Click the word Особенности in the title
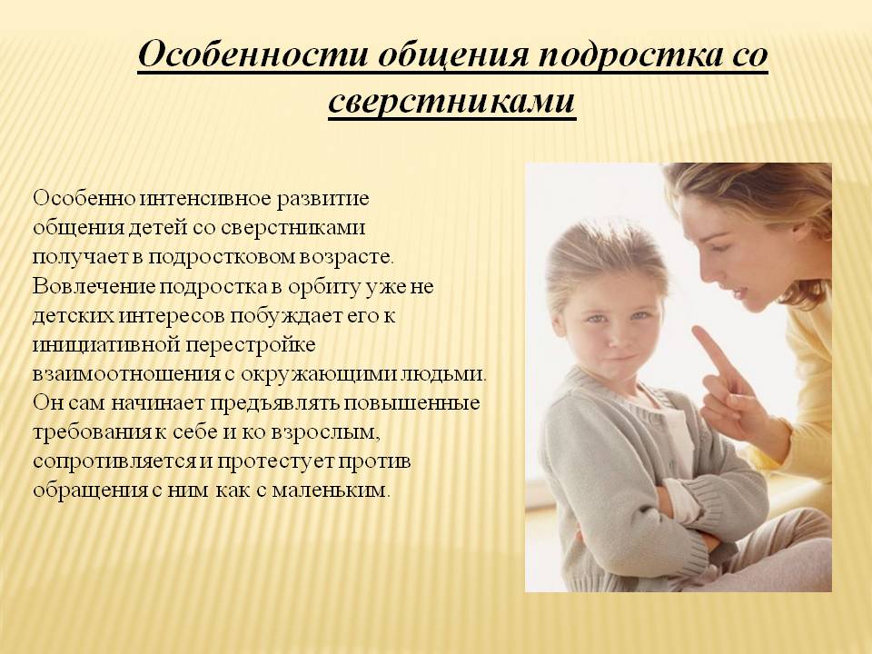253,54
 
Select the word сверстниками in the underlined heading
451,101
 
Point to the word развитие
322,199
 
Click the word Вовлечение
94,286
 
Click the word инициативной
106,345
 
